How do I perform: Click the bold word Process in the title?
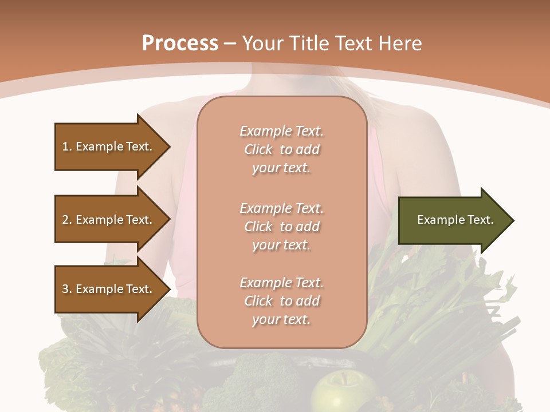coord(180,43)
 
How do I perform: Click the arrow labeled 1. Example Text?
coord(109,146)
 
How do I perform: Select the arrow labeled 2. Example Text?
coord(109,220)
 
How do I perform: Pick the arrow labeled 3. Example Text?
coord(109,289)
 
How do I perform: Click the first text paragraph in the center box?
coord(281,149)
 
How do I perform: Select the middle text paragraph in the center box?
coord(281,227)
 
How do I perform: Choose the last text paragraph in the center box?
coord(281,301)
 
